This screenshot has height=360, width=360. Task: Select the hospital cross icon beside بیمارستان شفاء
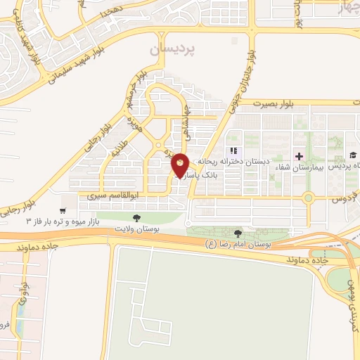click(x=300, y=155)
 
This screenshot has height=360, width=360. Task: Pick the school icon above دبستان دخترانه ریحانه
click(x=234, y=150)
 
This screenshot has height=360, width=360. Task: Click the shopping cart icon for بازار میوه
click(x=63, y=210)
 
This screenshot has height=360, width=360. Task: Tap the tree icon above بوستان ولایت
click(x=136, y=219)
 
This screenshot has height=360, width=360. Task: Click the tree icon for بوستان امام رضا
click(x=238, y=233)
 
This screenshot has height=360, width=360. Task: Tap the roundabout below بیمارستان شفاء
click(x=308, y=198)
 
